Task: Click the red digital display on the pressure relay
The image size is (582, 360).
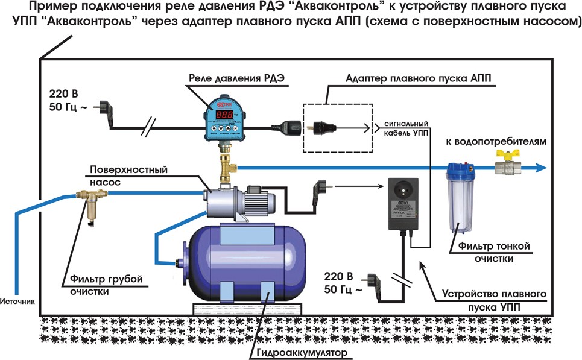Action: [x=224, y=114]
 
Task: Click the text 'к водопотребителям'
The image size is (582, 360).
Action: [x=496, y=143]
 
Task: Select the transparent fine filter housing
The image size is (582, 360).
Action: [x=458, y=199]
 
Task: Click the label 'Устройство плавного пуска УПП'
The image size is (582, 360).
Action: [x=495, y=300]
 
